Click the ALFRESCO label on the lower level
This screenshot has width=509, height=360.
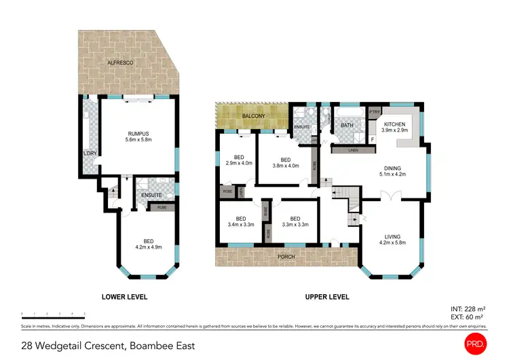[119, 62]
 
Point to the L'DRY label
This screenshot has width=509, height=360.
[89, 153]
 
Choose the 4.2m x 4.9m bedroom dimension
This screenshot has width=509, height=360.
[147, 246]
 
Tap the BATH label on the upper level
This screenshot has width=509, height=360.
[347, 126]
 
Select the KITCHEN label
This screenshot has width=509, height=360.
[394, 125]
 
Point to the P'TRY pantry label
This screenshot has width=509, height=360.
[373, 112]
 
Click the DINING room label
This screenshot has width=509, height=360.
[392, 168]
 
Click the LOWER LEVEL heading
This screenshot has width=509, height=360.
[124, 297]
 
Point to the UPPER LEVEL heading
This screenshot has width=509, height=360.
[326, 297]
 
